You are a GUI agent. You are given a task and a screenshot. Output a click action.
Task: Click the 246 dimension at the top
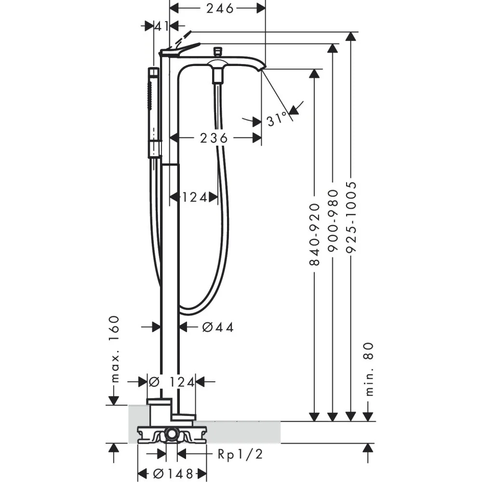coord(220,9)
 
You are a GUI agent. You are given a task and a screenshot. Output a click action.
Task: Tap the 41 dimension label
coord(161,27)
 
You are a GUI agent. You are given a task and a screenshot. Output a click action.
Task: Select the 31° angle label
coord(277,119)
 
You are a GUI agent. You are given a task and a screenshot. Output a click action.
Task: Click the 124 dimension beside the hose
coord(195,197)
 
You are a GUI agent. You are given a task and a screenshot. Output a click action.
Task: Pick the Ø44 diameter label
coord(218,327)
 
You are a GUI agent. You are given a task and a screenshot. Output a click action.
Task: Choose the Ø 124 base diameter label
coord(172,382)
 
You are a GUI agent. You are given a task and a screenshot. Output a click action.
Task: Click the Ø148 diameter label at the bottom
coord(173,473)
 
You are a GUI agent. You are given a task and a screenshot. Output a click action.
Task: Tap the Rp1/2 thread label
coord(240,454)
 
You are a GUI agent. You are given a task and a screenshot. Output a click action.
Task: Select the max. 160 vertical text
coord(115,348)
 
